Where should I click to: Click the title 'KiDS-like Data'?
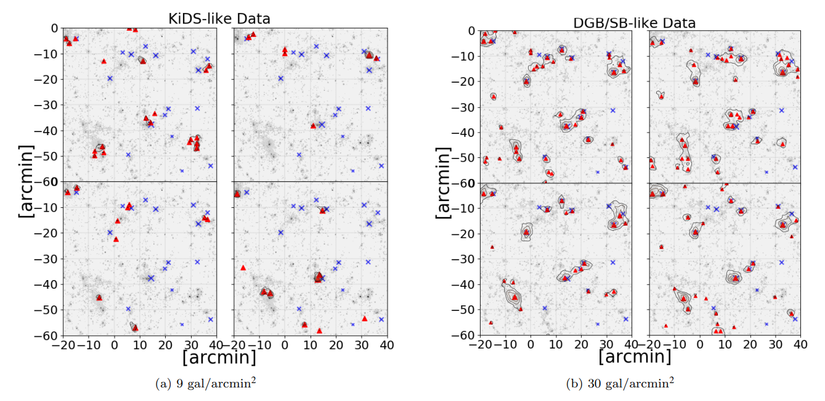tap(219, 19)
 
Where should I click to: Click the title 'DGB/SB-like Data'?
tap(635, 23)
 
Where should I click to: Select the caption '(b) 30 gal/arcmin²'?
tap(620, 383)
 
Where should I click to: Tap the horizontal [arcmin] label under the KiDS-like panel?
tap(219, 357)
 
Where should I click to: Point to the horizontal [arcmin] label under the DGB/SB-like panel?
tap(635, 357)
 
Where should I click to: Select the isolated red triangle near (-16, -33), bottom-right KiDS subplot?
tap(243, 268)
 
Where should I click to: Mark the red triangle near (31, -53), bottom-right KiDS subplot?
tap(364, 318)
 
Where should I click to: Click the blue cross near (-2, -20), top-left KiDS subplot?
tap(110, 78)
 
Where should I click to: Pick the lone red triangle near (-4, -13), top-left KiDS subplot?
tap(104, 61)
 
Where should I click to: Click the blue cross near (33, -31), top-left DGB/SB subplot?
tap(612, 110)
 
